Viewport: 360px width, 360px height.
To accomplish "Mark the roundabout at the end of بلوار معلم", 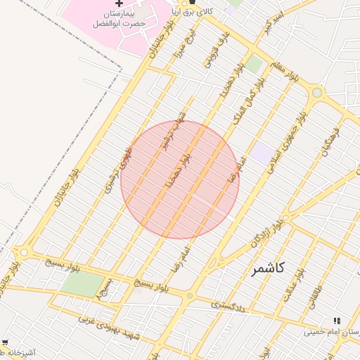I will pyautogui.click(x=316, y=92).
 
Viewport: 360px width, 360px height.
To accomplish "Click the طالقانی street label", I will pyautogui.click(x=314, y=295).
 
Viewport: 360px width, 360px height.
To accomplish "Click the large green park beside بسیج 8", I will pyautogui.click(x=82, y=283).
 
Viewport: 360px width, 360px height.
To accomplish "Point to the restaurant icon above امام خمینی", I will pyautogui.click(x=336, y=321).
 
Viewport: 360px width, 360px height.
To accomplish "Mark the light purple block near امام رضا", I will pyautogui.click(x=264, y=153).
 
